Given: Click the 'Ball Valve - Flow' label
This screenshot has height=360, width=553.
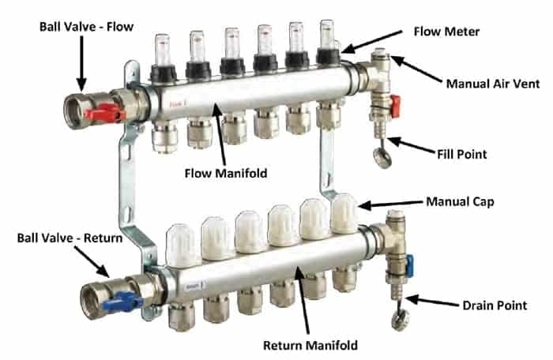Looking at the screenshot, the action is point(86,27).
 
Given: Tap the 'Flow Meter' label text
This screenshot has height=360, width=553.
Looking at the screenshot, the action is point(446,32).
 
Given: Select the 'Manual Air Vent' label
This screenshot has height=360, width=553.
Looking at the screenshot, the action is point(493,84).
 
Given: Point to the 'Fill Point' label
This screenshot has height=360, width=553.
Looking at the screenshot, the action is point(461,154).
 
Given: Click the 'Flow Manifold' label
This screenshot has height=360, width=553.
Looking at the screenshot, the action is point(226,173).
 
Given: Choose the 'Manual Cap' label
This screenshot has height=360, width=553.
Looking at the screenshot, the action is point(460,201).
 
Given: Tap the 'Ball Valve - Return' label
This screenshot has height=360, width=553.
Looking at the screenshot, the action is point(70,238).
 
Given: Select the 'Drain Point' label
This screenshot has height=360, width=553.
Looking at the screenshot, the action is point(495,306).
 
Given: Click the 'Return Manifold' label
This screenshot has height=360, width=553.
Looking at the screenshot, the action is point(310,345).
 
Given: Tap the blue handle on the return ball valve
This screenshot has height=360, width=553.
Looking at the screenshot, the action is point(122,302).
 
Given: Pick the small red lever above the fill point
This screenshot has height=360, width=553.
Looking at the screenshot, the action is point(395,106).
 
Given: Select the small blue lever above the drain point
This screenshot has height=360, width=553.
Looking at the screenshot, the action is point(410,266).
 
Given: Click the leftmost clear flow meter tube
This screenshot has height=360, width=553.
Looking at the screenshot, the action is point(162,50).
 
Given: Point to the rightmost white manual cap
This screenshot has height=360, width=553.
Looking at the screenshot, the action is point(344,213).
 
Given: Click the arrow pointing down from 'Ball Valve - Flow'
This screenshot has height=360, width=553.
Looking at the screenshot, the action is point(81,63).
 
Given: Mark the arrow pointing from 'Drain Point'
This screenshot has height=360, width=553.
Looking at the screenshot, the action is point(431,302).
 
